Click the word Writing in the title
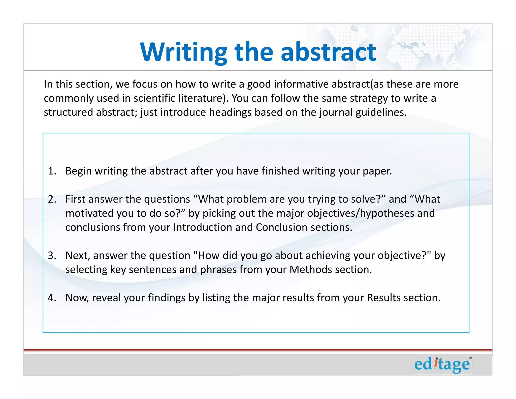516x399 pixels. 184,52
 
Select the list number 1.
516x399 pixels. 52,171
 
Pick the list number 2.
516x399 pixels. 52,199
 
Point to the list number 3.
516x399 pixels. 52,255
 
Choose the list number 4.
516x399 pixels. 52,298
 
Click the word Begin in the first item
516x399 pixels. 78,171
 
